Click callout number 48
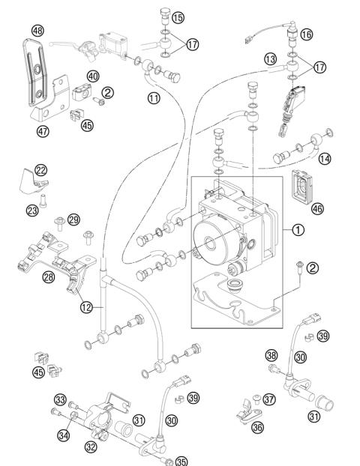pyautogui.click(x=38, y=31)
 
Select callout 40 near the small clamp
pyautogui.click(x=93, y=76)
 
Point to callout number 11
pyautogui.click(x=153, y=97)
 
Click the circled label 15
pyautogui.click(x=178, y=16)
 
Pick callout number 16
pyautogui.click(x=305, y=34)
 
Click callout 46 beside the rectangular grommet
pyautogui.click(x=317, y=208)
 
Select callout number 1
pyautogui.click(x=298, y=230)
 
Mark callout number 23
pyautogui.click(x=31, y=211)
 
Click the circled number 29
pyautogui.click(x=73, y=219)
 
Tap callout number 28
pyautogui.click(x=28, y=276)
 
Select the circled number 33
pyautogui.click(x=61, y=399)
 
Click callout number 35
pyautogui.click(x=181, y=462)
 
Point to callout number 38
pyautogui.click(x=271, y=355)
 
